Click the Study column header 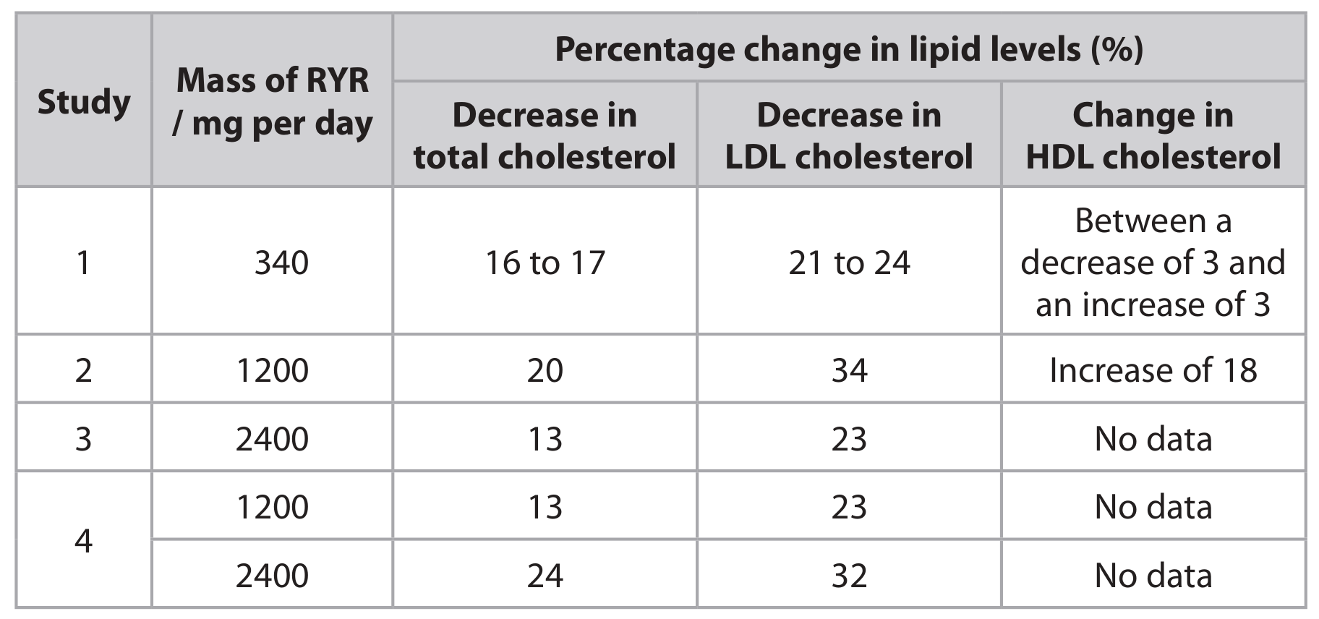(84, 101)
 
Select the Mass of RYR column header (273, 101)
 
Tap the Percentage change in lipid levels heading (849, 49)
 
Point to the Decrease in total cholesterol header (545, 136)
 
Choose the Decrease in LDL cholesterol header (849, 136)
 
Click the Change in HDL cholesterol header (1153, 136)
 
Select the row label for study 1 (84, 262)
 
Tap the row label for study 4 (84, 541)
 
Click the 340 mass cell (281, 262)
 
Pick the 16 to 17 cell (545, 262)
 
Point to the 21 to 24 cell (849, 262)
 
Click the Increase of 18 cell (1153, 370)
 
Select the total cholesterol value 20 (545, 370)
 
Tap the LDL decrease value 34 (849, 370)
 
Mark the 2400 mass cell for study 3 (273, 439)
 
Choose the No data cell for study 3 (1153, 439)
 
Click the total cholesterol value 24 (545, 576)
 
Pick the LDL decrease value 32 (849, 576)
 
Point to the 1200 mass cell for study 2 (273, 370)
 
